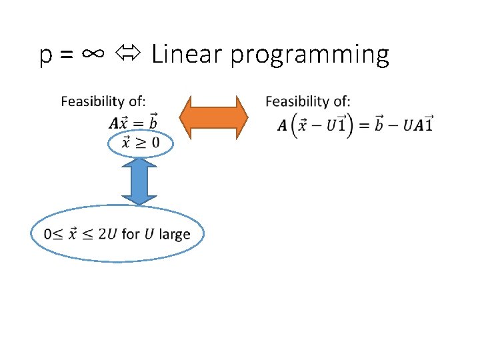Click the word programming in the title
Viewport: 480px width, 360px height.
point(309,56)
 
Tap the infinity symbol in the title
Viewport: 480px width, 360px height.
point(93,55)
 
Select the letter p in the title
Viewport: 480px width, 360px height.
point(46,58)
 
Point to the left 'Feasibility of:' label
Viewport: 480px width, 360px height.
point(103,101)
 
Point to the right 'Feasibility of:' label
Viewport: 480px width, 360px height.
point(307,101)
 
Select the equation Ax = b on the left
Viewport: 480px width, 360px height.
point(134,122)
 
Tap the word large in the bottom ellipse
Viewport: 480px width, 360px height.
point(175,234)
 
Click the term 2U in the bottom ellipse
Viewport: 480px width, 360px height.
point(108,234)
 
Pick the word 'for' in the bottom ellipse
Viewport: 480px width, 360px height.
point(131,234)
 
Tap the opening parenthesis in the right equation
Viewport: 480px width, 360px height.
point(295,125)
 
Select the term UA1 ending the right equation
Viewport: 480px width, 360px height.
point(419,124)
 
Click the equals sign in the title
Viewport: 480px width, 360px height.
point(67,57)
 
